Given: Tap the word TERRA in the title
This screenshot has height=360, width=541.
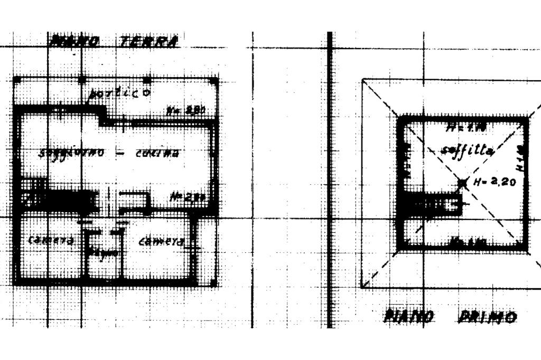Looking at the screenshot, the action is (148, 41).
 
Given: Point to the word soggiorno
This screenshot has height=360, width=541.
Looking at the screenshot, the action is (72, 153).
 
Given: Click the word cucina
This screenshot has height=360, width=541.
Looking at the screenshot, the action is (157, 154).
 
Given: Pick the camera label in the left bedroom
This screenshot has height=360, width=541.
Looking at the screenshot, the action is (50, 240).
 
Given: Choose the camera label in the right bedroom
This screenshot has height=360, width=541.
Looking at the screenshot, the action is (161, 242).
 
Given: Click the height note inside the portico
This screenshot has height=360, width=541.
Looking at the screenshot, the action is (185, 111).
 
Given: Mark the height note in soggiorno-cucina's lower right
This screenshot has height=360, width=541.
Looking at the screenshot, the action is (188, 198).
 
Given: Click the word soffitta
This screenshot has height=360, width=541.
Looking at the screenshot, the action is (467, 151).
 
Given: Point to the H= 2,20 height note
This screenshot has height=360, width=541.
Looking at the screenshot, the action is (494, 183).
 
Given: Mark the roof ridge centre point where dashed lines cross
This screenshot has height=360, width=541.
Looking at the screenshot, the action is (463, 183).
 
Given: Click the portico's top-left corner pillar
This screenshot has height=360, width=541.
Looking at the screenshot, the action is (17, 80).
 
